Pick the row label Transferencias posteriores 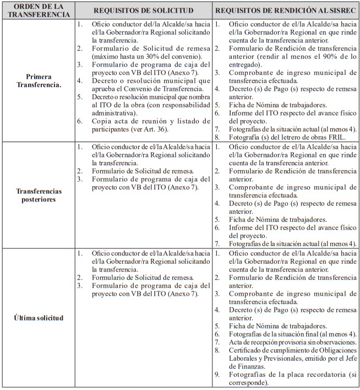39,195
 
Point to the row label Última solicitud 39,318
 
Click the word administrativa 114,113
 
